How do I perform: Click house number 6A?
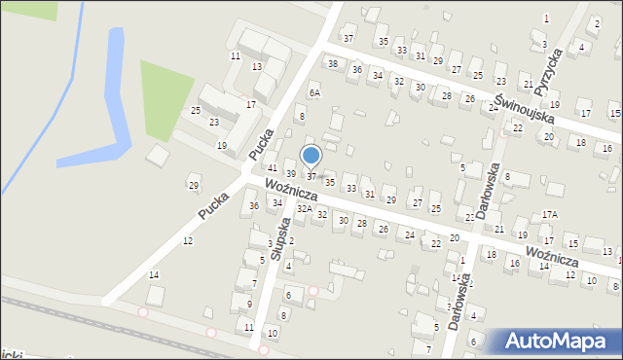pos(314,93)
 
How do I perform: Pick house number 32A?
pos(305,208)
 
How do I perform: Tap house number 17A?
pos(550,214)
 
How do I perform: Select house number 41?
pos(273,168)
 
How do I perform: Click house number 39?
pos(290,174)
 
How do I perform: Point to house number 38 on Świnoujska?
pos(333,64)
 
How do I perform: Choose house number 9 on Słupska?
pos(250,304)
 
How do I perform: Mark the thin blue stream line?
pos(39,107)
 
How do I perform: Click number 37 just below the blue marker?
pos(311,176)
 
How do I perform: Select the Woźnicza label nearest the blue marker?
pos(290,190)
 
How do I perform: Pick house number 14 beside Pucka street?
pos(153,275)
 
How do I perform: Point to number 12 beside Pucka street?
pos(187,240)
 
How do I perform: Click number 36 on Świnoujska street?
pos(357,70)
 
